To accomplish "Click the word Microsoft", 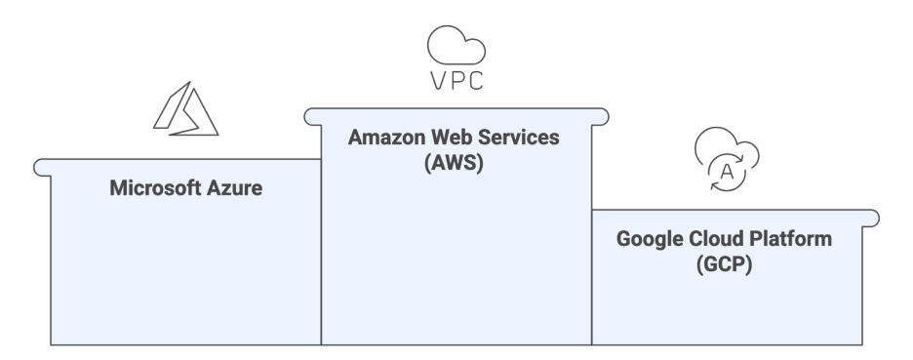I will click(155, 188).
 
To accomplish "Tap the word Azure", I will click(235, 188).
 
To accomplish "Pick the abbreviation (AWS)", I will click(455, 163).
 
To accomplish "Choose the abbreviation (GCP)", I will click(724, 264).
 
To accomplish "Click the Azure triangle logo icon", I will click(185, 108).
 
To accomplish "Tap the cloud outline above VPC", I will click(456, 45).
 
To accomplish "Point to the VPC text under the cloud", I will click(456, 81).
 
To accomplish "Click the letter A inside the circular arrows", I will click(725, 172).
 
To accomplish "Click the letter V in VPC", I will click(438, 81).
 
